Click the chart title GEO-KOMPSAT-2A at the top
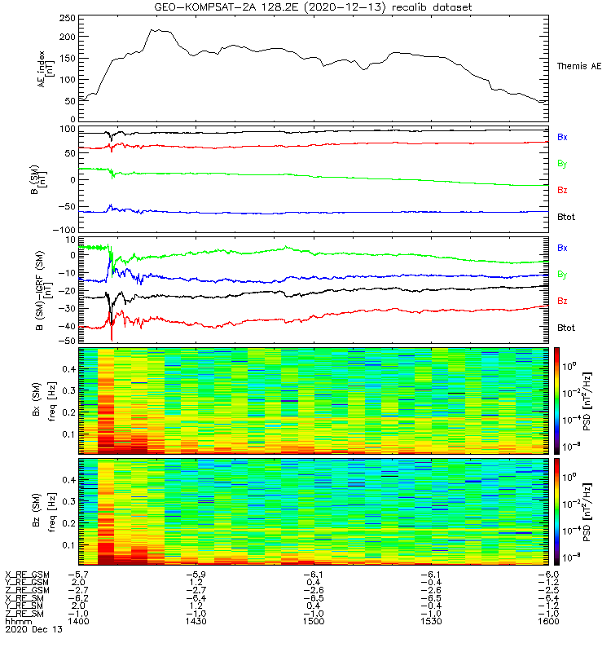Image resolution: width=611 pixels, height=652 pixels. point(200,7)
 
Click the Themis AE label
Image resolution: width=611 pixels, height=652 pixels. point(578,65)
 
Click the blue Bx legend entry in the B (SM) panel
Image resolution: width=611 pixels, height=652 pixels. point(562,137)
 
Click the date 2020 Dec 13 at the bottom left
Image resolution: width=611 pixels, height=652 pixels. point(29,630)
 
